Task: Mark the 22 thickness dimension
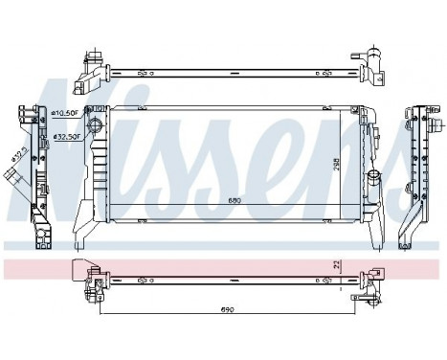tap(336, 265)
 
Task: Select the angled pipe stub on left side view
tap(13, 178)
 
